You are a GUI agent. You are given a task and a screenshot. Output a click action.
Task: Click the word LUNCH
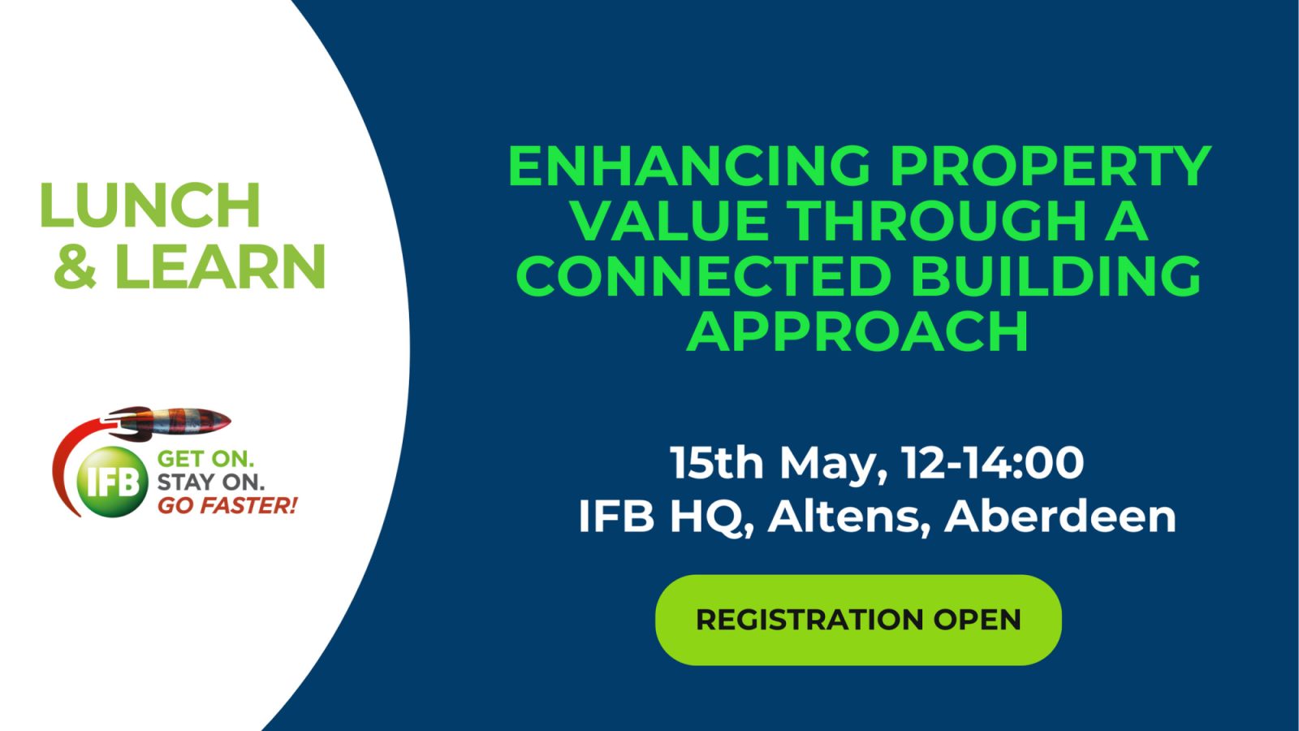pyautogui.click(x=149, y=205)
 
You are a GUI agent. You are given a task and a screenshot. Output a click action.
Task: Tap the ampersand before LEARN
pyautogui.click(x=75, y=266)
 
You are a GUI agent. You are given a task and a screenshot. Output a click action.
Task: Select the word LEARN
pyautogui.click(x=220, y=266)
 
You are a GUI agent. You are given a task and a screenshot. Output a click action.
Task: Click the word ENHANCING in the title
pyautogui.click(x=689, y=166)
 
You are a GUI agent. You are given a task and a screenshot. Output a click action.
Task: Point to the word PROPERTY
pyautogui.click(x=1051, y=166)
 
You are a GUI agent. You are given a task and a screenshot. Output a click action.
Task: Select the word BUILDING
pyautogui.click(x=1055, y=276)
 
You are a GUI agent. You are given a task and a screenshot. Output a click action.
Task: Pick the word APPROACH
pyautogui.click(x=857, y=331)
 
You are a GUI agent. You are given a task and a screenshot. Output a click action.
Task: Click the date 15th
pyautogui.click(x=716, y=462)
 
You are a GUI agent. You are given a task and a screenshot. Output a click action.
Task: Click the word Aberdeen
pyautogui.click(x=1060, y=516)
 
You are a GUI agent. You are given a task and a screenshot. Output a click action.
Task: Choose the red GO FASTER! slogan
pyautogui.click(x=227, y=505)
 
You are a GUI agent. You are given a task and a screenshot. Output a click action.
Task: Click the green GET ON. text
pyautogui.click(x=205, y=459)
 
